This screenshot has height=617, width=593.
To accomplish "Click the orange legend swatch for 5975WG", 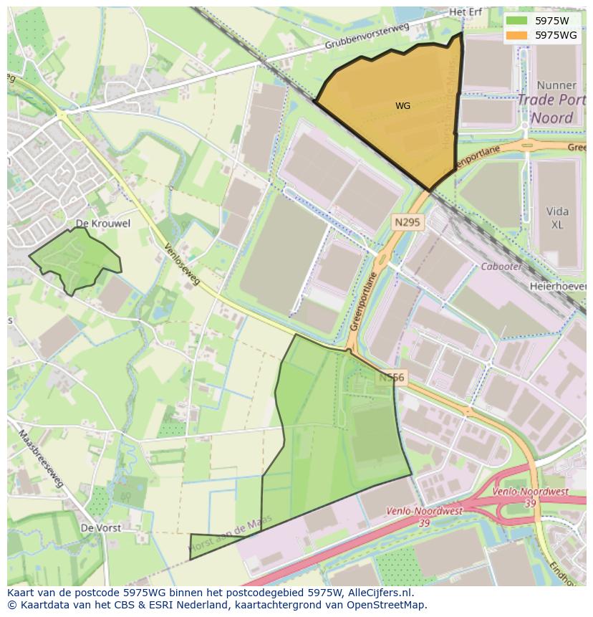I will (x=519, y=34).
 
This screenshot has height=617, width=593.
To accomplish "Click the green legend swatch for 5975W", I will (x=519, y=21).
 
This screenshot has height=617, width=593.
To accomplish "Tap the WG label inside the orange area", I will (x=402, y=106).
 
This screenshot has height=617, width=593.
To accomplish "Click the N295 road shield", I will (x=408, y=223).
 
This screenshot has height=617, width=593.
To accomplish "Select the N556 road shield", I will (x=392, y=377).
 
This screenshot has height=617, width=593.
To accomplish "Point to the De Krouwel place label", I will (x=103, y=224).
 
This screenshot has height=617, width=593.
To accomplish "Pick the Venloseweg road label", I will (x=182, y=265).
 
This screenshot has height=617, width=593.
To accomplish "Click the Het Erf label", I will (x=466, y=12).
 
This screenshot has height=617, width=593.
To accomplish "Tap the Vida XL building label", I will (x=557, y=217).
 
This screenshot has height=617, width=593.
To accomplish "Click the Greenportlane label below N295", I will (x=364, y=304).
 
